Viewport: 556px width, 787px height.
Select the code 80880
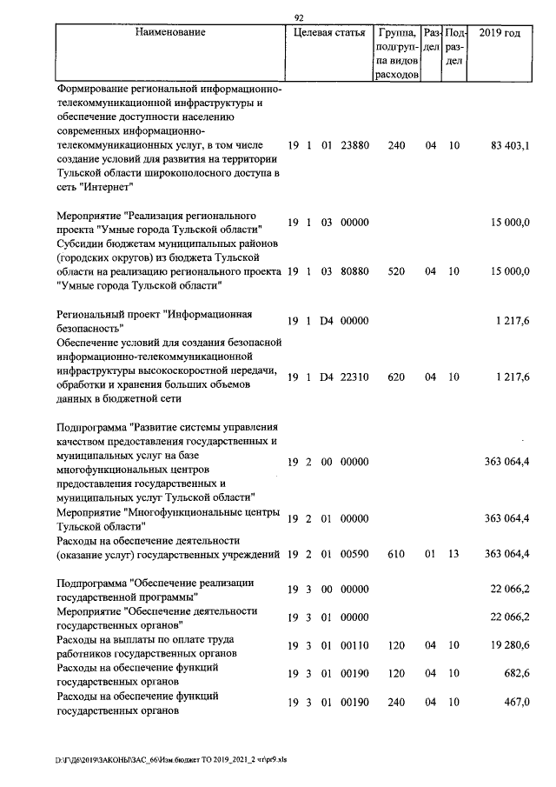[354, 271]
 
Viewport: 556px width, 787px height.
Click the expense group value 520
[396, 271]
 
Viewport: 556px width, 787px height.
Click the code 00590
[354, 554]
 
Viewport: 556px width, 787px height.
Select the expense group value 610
[396, 554]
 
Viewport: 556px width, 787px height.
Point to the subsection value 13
[454, 554]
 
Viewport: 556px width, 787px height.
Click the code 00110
[354, 646]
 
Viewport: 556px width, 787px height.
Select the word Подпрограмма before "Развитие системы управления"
[91, 427]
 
